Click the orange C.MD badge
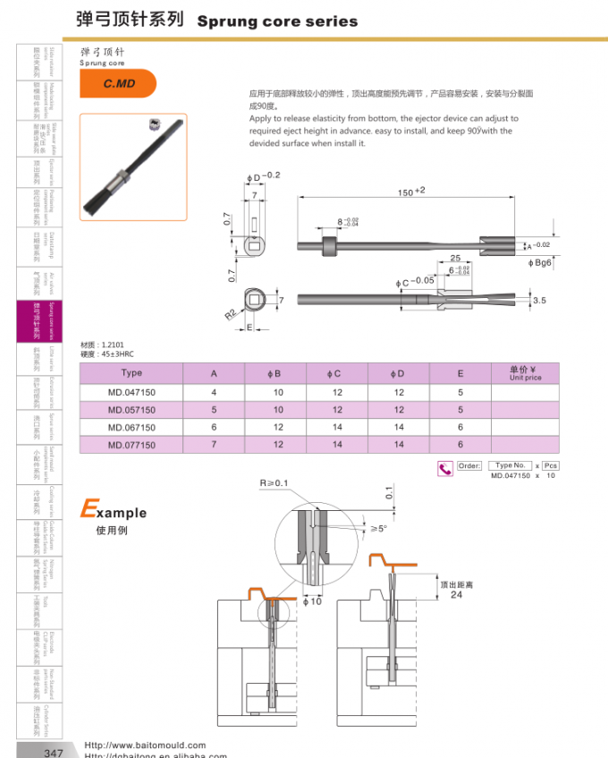tap(117, 83)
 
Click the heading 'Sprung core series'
tap(276, 21)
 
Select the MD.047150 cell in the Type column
tap(131, 392)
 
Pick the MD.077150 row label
tap(131, 444)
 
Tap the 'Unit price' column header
tap(525, 373)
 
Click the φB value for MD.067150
tap(278, 427)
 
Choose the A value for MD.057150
tap(214, 409)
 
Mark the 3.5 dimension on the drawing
tap(539, 302)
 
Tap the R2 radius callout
tap(232, 315)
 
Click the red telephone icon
tap(444, 467)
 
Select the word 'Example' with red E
tap(114, 512)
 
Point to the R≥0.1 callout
tap(274, 483)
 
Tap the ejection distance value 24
tap(456, 595)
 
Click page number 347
tap(54, 753)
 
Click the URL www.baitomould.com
tap(145, 745)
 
